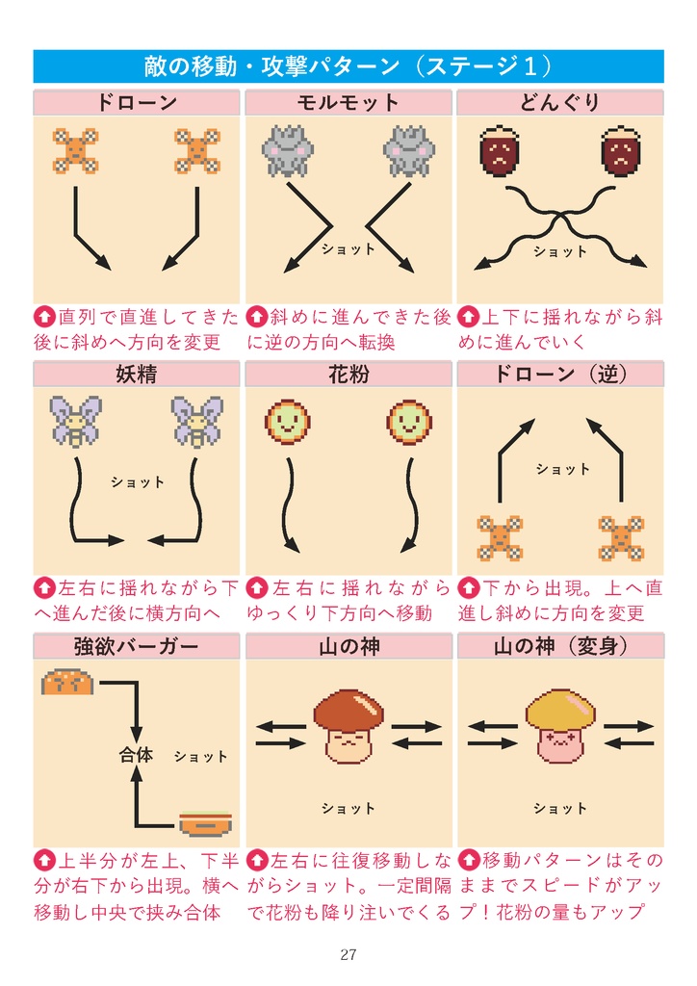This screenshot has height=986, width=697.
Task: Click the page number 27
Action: (348, 955)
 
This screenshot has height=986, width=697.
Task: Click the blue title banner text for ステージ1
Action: (348, 66)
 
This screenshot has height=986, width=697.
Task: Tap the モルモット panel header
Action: (348, 103)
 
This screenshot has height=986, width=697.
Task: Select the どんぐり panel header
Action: (559, 103)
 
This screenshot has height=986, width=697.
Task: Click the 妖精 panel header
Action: (136, 375)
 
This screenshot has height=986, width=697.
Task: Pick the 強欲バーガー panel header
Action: (136, 646)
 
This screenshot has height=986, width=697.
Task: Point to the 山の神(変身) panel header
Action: (559, 646)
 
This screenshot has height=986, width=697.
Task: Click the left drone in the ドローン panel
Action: (75, 151)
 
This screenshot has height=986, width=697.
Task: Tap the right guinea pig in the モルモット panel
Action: (408, 151)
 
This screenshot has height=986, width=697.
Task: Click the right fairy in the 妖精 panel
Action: (197, 423)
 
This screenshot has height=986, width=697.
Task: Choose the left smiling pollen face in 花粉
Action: (287, 423)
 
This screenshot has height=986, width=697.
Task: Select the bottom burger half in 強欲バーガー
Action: (205, 823)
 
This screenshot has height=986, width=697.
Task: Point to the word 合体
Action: (136, 756)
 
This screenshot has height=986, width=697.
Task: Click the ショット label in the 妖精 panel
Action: (138, 482)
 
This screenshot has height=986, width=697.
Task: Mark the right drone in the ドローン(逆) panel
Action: (621, 538)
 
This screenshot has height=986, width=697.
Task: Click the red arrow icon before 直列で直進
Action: (44, 317)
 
